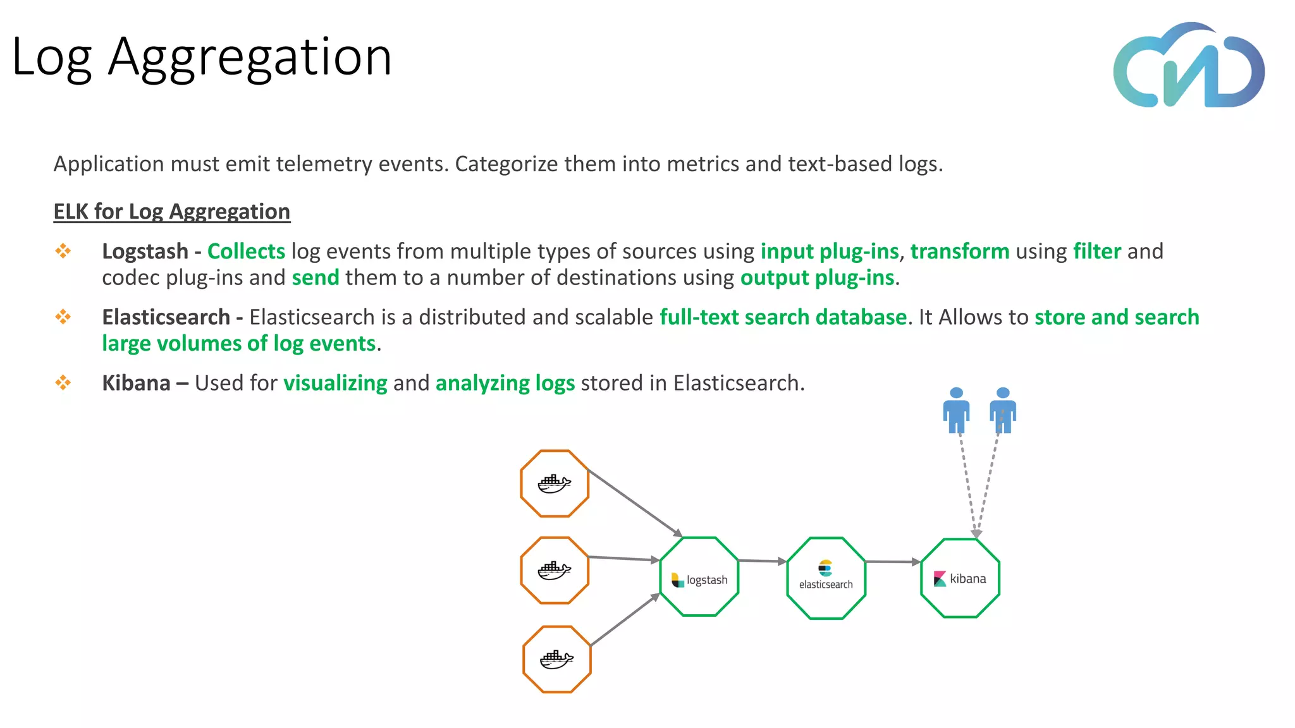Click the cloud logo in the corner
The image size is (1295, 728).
(x=1189, y=66)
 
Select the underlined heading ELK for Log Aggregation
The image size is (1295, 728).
(x=171, y=211)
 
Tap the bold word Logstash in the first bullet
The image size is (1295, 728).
(x=145, y=252)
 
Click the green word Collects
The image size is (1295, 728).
(x=246, y=252)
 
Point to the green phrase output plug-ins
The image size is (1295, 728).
(x=817, y=278)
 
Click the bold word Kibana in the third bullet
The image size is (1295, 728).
(x=136, y=383)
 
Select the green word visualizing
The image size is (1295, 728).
(x=335, y=383)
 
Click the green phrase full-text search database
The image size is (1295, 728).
(x=783, y=317)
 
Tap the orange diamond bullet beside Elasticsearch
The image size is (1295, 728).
(x=63, y=317)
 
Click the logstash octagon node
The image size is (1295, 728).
(x=699, y=576)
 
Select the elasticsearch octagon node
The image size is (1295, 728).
(x=826, y=578)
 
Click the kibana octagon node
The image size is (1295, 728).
(x=960, y=578)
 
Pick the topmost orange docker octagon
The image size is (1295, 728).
(x=555, y=483)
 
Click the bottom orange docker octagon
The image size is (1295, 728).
(x=556, y=659)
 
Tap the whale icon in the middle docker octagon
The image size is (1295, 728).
(x=554, y=571)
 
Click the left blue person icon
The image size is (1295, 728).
(x=956, y=410)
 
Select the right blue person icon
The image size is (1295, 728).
(x=1003, y=410)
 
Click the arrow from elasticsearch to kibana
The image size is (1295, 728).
(x=892, y=561)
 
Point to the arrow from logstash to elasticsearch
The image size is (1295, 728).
(x=762, y=561)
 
